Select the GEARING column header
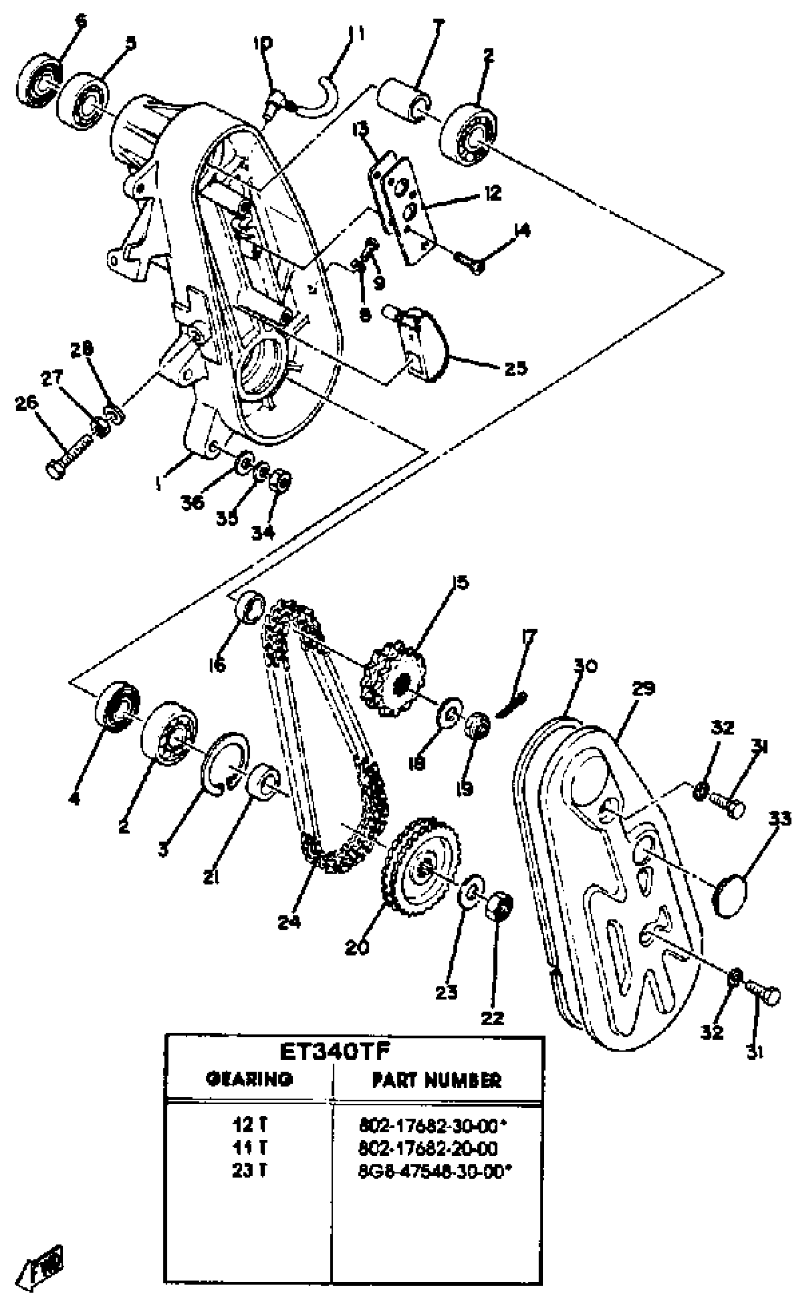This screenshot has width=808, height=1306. click(249, 1079)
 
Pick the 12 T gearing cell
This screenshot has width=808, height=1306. click(249, 1125)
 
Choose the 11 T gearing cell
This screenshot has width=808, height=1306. click(249, 1148)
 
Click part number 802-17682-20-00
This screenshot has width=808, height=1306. click(428, 1148)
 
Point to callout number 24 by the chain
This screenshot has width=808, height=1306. click(289, 922)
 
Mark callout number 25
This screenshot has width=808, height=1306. click(516, 368)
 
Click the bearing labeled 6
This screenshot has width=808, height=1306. click(40, 80)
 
